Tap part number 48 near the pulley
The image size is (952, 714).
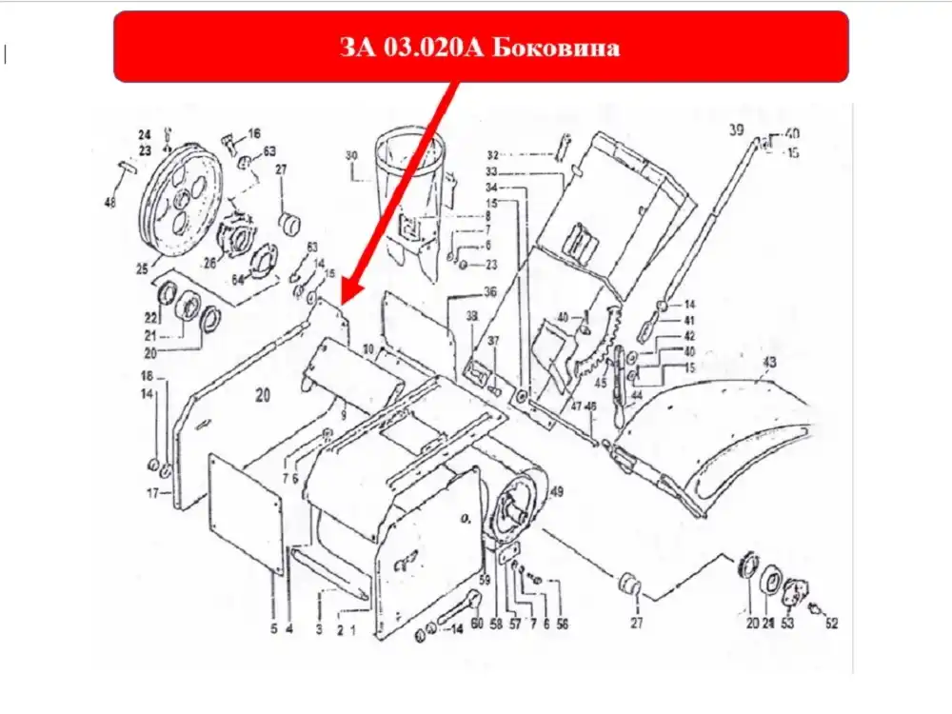click(110, 203)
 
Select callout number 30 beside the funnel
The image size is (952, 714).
click(350, 156)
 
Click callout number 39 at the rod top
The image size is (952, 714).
click(736, 129)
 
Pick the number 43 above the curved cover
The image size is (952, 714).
click(769, 363)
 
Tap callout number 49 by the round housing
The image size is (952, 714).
click(557, 491)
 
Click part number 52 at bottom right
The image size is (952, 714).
click(832, 625)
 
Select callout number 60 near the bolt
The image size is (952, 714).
click(478, 625)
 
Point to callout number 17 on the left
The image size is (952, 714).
click(150, 493)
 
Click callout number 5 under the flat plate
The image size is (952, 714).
click(272, 628)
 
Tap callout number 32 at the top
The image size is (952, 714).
click(492, 154)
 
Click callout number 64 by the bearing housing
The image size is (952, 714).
click(238, 279)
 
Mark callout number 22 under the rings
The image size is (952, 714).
click(150, 317)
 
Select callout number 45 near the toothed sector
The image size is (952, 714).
click(601, 384)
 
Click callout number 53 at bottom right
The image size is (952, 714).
click(787, 625)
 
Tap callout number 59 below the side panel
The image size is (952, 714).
click(484, 579)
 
